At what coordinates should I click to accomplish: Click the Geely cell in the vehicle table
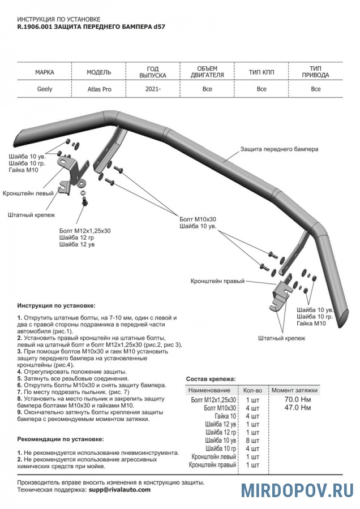click(45, 89)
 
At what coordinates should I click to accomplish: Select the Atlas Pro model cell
click(99, 89)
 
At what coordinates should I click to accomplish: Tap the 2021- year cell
click(152, 89)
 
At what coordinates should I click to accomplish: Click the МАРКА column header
click(45, 72)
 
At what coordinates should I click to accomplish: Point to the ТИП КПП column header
click(261, 72)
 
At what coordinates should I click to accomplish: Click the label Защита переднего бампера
click(279, 149)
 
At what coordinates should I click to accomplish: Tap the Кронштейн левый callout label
click(28, 193)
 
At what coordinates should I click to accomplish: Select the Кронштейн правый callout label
click(217, 281)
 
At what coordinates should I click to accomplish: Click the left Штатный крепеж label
click(31, 215)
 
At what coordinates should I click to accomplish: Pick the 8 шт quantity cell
click(251, 440)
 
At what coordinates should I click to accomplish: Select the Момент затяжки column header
click(294, 390)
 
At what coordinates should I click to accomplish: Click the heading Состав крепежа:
click(211, 379)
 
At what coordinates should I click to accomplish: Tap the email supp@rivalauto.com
click(119, 490)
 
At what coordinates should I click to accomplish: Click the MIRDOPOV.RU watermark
click(297, 490)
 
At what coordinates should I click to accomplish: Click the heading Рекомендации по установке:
click(61, 439)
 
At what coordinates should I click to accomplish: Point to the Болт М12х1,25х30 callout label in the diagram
click(85, 231)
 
